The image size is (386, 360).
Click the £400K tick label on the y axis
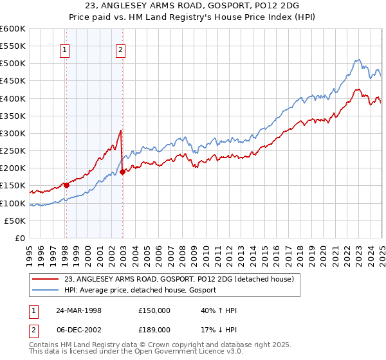pos(12,98)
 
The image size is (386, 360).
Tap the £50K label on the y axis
pos(15,221)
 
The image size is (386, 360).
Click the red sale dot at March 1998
pos(66,185)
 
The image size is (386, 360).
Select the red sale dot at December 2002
pos(122,172)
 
